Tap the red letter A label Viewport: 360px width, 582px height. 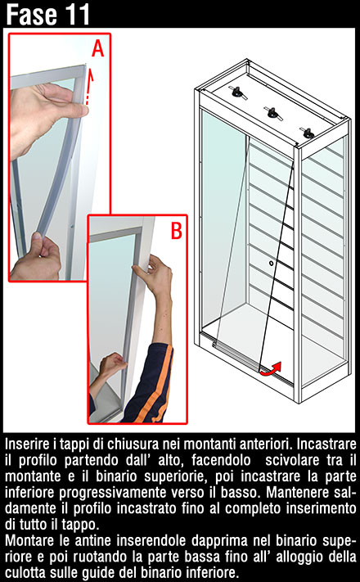97,48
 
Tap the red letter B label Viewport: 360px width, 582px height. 176,231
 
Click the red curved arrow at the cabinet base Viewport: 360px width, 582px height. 271,368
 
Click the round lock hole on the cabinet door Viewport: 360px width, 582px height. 272,263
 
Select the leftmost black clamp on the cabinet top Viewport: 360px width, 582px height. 236,92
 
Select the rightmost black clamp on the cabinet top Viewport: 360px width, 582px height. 308,133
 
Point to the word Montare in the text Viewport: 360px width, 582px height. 29,540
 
